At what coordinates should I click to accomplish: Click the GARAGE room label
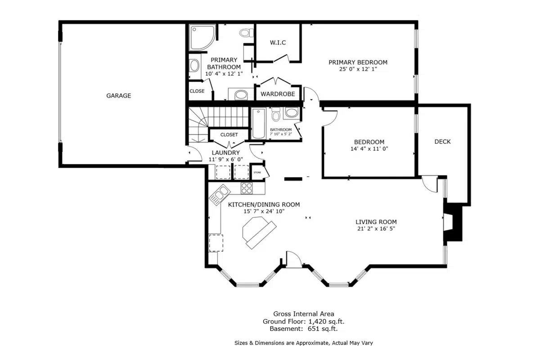(118, 95)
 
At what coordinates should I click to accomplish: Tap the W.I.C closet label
(278, 43)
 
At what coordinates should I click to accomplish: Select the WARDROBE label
(278, 94)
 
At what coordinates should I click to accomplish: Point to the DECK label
(442, 142)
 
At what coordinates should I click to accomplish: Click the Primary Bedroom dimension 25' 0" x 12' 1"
(358, 69)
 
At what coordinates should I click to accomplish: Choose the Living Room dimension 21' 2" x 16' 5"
(376, 229)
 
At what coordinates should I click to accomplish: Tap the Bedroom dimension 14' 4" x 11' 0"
(369, 149)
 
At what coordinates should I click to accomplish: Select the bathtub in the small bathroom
(258, 124)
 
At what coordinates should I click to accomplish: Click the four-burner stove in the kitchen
(247, 188)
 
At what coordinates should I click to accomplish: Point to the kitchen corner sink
(220, 195)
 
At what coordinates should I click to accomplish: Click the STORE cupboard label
(257, 172)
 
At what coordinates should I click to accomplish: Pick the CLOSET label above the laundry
(229, 135)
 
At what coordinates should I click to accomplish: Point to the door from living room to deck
(430, 184)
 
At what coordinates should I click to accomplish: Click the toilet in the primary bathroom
(245, 32)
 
